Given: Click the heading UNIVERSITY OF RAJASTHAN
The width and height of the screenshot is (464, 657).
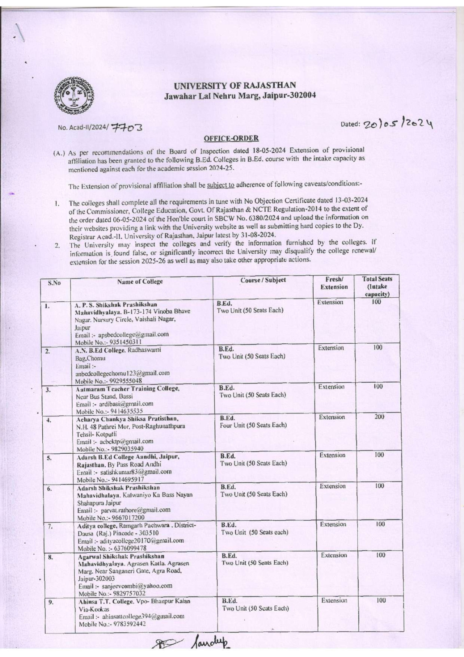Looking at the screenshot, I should click(x=235, y=86).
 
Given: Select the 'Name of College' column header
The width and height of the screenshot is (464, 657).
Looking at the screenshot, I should click(x=140, y=282).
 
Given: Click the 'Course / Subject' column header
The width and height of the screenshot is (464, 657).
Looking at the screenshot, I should click(x=263, y=280).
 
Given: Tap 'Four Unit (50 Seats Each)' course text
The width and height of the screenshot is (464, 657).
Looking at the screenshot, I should click(x=253, y=425).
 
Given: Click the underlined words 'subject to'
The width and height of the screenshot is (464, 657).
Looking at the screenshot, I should click(x=221, y=185).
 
